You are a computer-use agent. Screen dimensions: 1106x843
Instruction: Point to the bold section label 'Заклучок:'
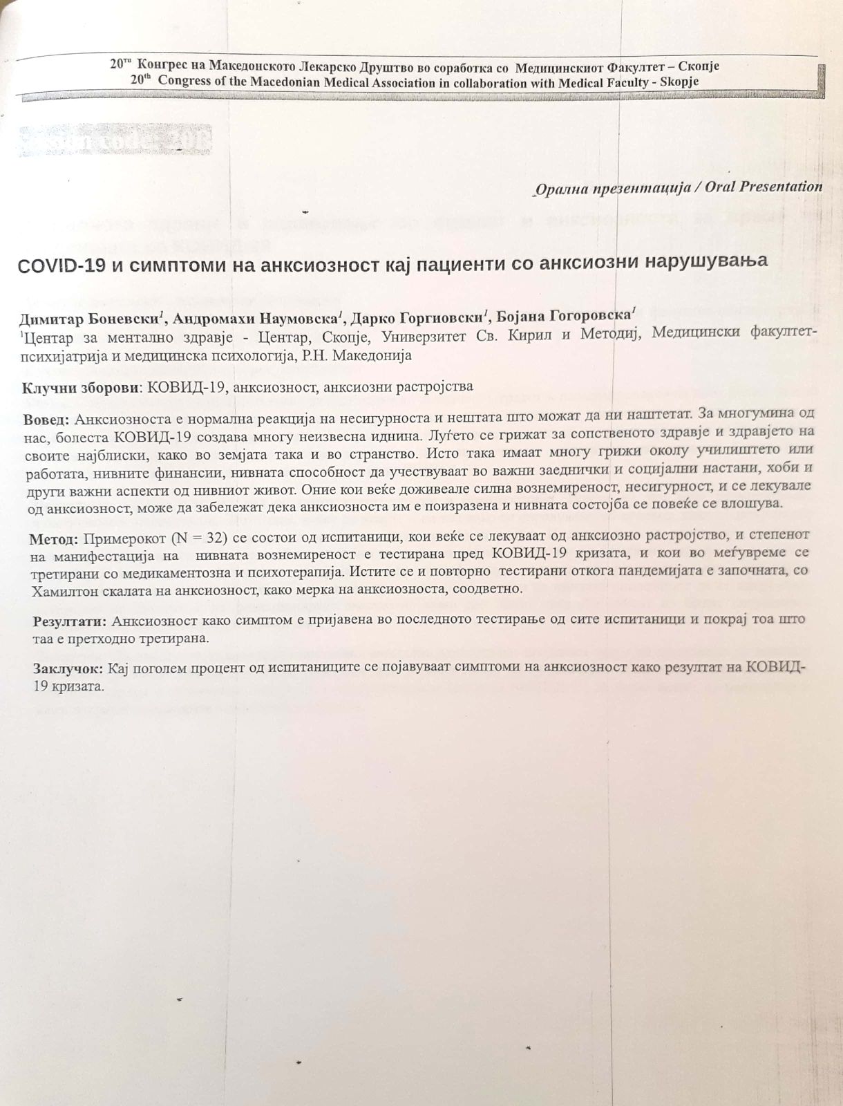pyautogui.click(x=68, y=668)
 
